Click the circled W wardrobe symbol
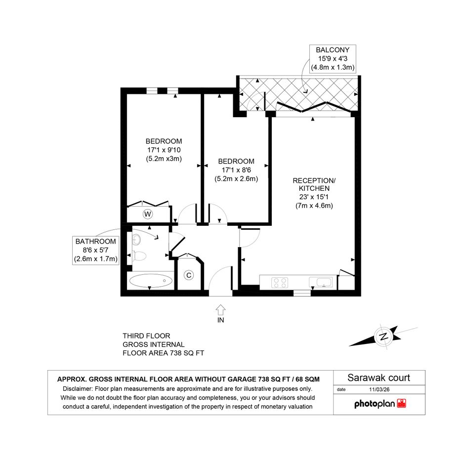[148, 214]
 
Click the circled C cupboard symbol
[188, 275]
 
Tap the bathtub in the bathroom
[151, 281]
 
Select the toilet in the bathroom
[139, 255]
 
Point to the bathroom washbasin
[137, 239]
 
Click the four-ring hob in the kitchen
[280, 283]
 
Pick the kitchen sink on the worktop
[320, 282]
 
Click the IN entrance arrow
[220, 310]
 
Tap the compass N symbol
[383, 337]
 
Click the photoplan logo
[380, 404]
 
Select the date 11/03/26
[379, 389]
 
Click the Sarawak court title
[379, 378]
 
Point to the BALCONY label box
[333, 58]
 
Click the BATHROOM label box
[95, 250]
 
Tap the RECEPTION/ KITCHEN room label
[314, 184]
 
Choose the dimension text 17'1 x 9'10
[164, 150]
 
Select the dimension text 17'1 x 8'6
[236, 170]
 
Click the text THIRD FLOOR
[146, 336]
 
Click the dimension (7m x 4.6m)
[314, 206]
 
